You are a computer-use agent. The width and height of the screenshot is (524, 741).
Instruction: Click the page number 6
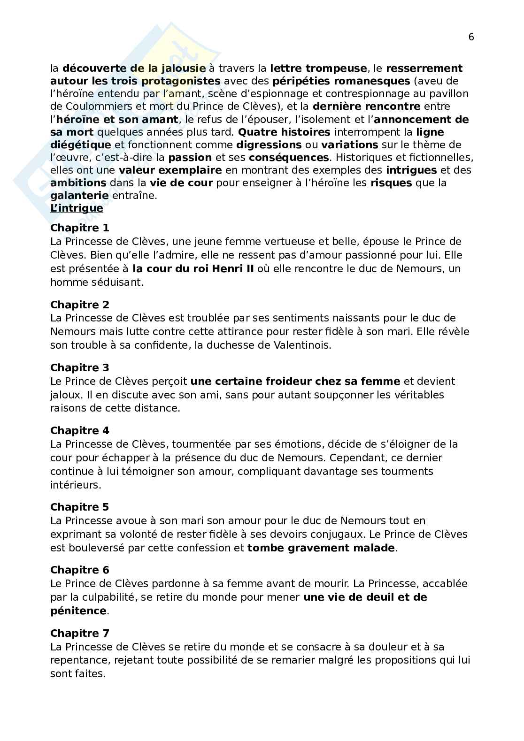click(x=471, y=38)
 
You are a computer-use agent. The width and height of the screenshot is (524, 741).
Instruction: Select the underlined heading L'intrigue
click(x=77, y=208)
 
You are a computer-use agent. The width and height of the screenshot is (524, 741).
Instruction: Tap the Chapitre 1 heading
click(x=80, y=228)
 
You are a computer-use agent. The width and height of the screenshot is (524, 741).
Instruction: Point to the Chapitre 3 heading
click(x=80, y=367)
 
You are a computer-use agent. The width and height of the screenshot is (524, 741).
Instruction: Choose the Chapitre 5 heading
click(x=80, y=507)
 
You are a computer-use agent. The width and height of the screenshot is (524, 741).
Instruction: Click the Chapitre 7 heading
click(x=80, y=633)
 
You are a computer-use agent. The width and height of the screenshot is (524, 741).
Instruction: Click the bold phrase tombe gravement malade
click(x=321, y=548)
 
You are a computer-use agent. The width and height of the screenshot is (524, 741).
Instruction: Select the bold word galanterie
click(x=79, y=195)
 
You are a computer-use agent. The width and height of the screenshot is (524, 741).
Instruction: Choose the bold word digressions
click(x=269, y=145)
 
